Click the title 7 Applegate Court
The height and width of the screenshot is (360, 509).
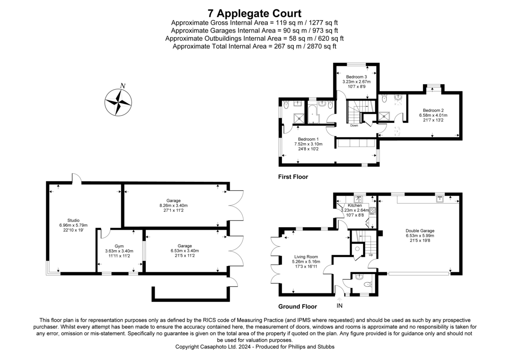(255, 13)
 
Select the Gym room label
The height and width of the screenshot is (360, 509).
(119, 246)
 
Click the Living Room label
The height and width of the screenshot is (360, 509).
(306, 256)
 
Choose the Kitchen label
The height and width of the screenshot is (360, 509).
(355, 205)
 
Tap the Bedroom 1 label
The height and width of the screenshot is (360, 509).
(308, 139)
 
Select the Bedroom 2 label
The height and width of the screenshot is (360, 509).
(433, 110)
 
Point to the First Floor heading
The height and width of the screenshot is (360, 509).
(293, 177)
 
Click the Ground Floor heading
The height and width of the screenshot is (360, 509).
(297, 306)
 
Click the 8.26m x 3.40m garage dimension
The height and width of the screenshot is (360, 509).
(173, 205)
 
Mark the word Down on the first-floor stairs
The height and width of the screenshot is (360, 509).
(354, 126)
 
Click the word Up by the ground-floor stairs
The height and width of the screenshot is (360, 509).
(371, 255)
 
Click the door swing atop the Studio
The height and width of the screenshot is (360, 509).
(76, 178)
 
